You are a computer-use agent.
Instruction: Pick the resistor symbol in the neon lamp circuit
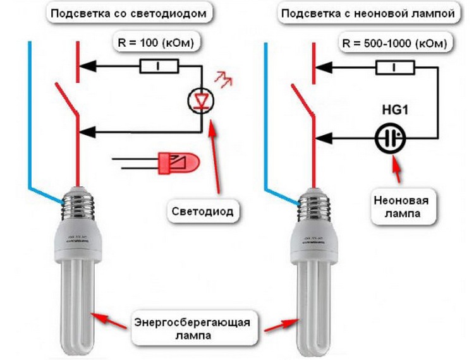(x=395, y=65)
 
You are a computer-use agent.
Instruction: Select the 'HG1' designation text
(x=396, y=111)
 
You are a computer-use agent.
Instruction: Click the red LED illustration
(x=177, y=163)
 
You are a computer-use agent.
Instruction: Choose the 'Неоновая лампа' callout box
(x=404, y=208)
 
